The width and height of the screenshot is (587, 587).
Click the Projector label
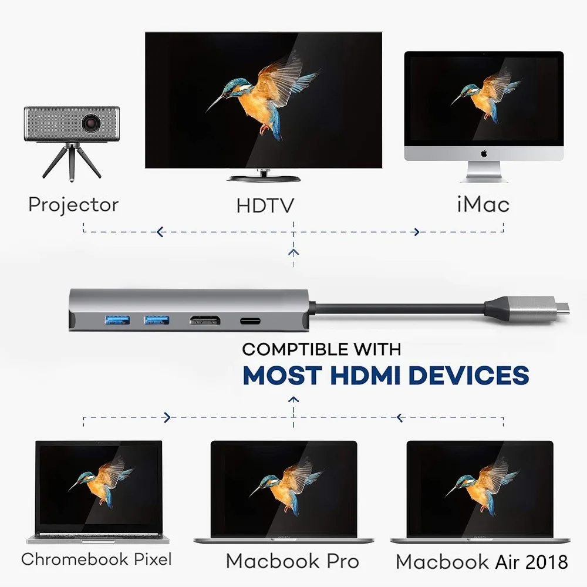coord(73,205)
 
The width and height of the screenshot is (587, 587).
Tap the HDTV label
coord(265,205)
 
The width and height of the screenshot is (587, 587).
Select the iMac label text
coord(483,204)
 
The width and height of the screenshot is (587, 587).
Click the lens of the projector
coord(91,123)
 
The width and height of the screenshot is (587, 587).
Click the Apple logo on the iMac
coord(484,154)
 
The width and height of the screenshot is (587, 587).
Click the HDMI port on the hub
coord(204,321)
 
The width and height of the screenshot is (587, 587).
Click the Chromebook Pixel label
coord(96,559)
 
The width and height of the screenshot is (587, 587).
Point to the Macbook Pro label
coord(292,561)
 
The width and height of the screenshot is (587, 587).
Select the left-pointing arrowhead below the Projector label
coord(159,232)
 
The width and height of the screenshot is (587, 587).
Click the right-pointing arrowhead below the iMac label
coord(417,232)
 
